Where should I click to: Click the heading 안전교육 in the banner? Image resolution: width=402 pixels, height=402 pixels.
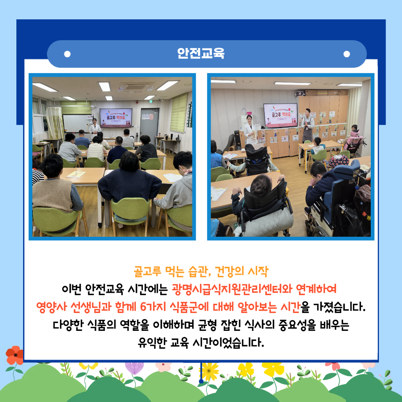[x=201, y=53]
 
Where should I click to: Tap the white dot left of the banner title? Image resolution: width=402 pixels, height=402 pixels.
[x=67, y=54]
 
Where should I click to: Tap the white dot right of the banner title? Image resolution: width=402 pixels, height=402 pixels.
[x=347, y=54]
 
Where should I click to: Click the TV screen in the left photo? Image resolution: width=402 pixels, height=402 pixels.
[x=116, y=118]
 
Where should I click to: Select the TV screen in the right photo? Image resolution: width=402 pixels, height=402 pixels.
[x=281, y=115]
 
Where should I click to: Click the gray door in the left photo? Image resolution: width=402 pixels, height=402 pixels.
[x=150, y=124]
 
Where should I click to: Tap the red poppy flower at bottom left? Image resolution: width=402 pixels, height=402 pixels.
[x=15, y=355]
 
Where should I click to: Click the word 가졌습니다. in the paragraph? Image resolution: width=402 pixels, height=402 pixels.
[x=339, y=307]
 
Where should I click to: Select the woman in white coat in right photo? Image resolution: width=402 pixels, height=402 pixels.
[x=250, y=131]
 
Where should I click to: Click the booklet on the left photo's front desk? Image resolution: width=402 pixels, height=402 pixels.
[x=76, y=174]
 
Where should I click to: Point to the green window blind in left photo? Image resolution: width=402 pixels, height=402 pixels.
[x=179, y=113]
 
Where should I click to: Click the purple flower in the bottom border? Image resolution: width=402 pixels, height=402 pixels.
[x=134, y=368]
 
